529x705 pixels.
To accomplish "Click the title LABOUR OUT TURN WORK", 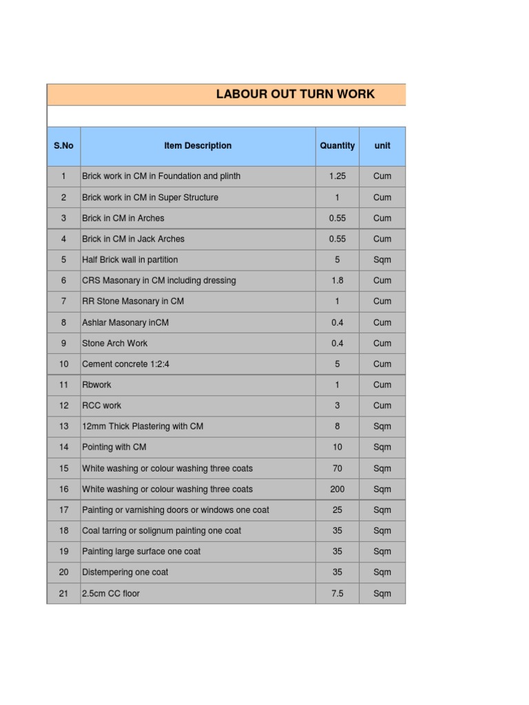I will pyautogui.click(x=295, y=94).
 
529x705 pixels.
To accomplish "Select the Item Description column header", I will pyautogui.click(x=198, y=146).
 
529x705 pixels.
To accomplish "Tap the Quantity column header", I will pyautogui.click(x=338, y=146).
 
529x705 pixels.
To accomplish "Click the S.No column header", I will pyautogui.click(x=63, y=146).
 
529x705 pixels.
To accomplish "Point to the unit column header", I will pyautogui.click(x=382, y=146).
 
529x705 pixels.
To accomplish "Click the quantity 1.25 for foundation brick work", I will pyautogui.click(x=338, y=176).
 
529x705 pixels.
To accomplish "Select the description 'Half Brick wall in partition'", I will pyautogui.click(x=130, y=260).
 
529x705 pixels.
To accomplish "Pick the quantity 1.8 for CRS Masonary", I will pyautogui.click(x=338, y=280).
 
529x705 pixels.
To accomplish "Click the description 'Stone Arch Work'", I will pyautogui.click(x=115, y=343).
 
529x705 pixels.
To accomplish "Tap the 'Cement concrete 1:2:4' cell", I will pyautogui.click(x=126, y=364).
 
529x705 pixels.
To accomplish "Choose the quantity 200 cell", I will pyautogui.click(x=338, y=489).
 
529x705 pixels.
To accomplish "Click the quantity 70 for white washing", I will pyautogui.click(x=338, y=468).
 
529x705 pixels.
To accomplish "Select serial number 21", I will pyautogui.click(x=63, y=593).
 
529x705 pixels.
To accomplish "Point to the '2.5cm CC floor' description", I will pyautogui.click(x=111, y=593).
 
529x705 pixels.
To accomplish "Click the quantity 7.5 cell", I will pyautogui.click(x=338, y=593).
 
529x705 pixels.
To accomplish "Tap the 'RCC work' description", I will pyautogui.click(x=102, y=406).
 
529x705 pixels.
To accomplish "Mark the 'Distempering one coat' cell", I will pyautogui.click(x=125, y=572).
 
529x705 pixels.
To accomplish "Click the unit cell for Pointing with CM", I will pyautogui.click(x=382, y=447).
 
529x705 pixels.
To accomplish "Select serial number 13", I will pyautogui.click(x=63, y=426).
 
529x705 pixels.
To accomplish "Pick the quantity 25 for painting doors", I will pyautogui.click(x=338, y=510).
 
